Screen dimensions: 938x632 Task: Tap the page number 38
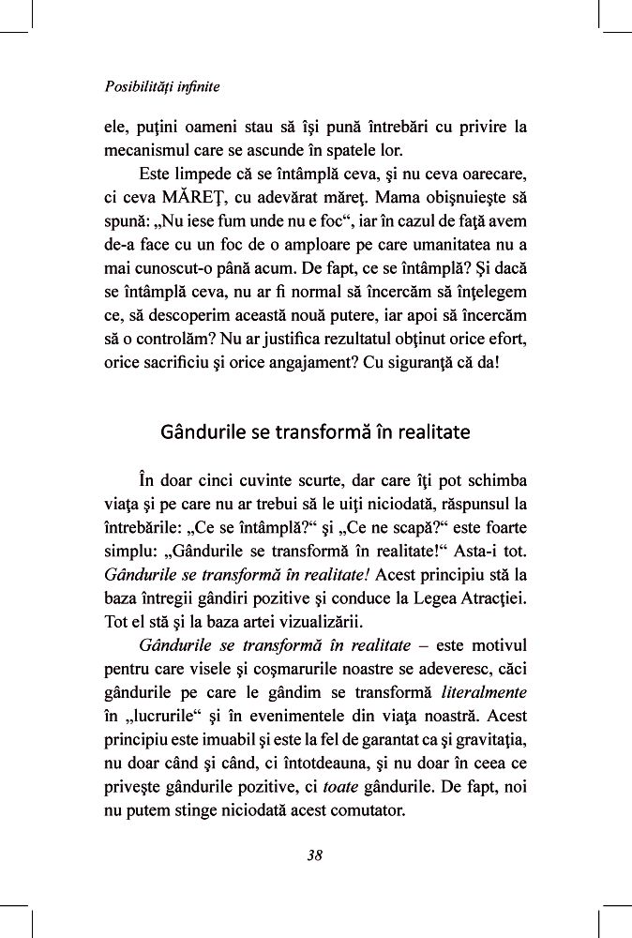(x=315, y=855)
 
